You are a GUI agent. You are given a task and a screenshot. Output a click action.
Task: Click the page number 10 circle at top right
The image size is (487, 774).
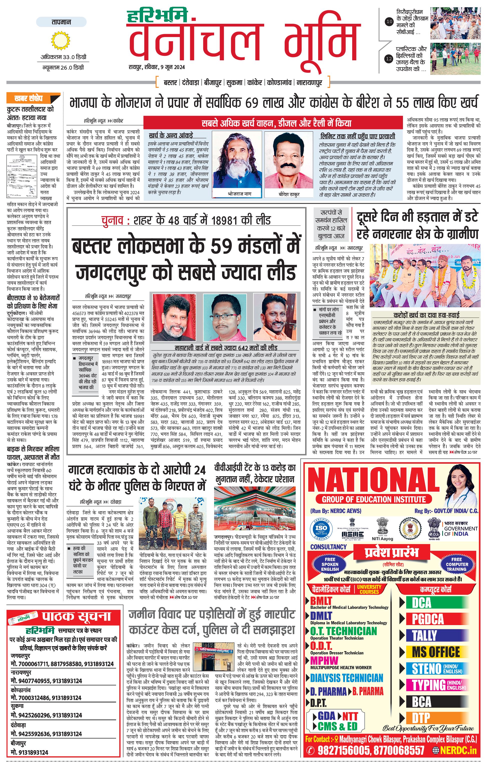(389, 22)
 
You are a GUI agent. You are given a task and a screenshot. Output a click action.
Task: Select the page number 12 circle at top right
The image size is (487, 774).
(389, 59)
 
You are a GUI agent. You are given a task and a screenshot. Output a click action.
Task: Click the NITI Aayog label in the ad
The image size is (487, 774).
(382, 539)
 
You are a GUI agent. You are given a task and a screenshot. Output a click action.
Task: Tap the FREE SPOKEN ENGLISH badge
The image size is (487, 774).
(330, 564)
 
